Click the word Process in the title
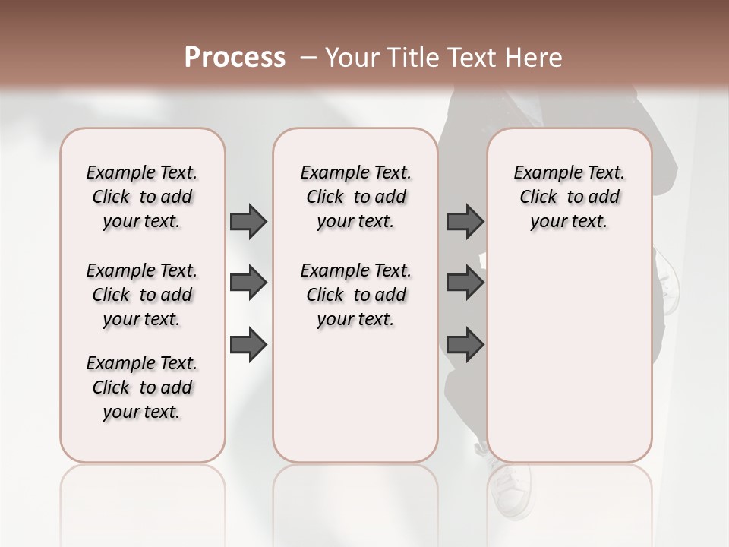(235, 58)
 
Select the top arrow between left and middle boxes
(248, 221)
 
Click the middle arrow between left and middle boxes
(248, 283)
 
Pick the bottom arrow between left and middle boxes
(248, 345)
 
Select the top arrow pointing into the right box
(465, 221)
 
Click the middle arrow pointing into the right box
(465, 283)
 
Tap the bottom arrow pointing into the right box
(465, 345)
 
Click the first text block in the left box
(142, 197)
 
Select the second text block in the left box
(142, 295)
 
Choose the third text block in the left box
(142, 387)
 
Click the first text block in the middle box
(355, 197)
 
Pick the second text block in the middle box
(355, 295)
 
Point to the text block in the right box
(569, 197)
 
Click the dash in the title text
(308, 58)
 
